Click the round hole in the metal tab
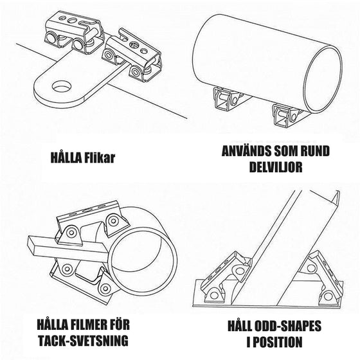click(62, 85)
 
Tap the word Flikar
click(99, 157)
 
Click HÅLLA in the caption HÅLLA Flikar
click(66, 157)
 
